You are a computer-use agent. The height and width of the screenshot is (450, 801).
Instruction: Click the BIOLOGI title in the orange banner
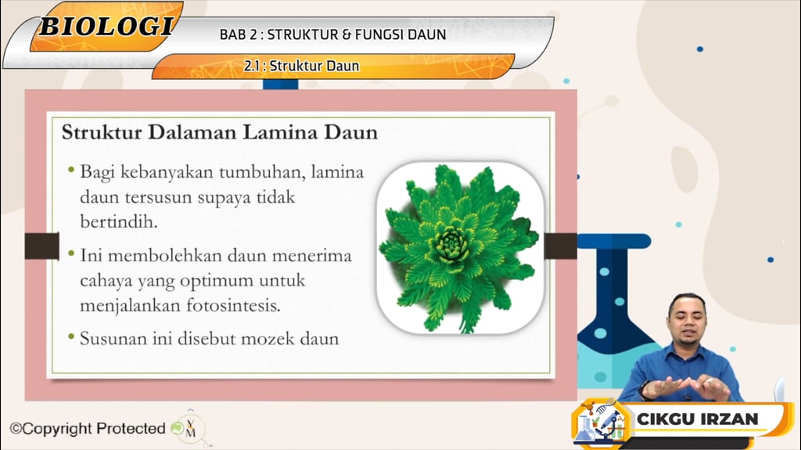click(x=106, y=26)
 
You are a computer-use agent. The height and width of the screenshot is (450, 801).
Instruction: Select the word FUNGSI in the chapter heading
click(x=386, y=34)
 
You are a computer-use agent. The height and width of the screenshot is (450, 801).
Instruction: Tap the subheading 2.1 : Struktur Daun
click(x=301, y=67)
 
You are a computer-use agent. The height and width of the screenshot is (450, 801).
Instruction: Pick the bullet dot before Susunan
click(x=71, y=337)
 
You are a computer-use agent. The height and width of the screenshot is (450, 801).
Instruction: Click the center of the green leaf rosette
click(x=453, y=244)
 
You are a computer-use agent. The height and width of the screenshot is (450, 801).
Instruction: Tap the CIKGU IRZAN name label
click(x=697, y=419)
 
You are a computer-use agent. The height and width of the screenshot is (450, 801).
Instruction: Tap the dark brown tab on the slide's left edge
click(x=41, y=246)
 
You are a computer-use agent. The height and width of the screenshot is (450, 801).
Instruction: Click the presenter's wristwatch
click(x=644, y=389)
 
